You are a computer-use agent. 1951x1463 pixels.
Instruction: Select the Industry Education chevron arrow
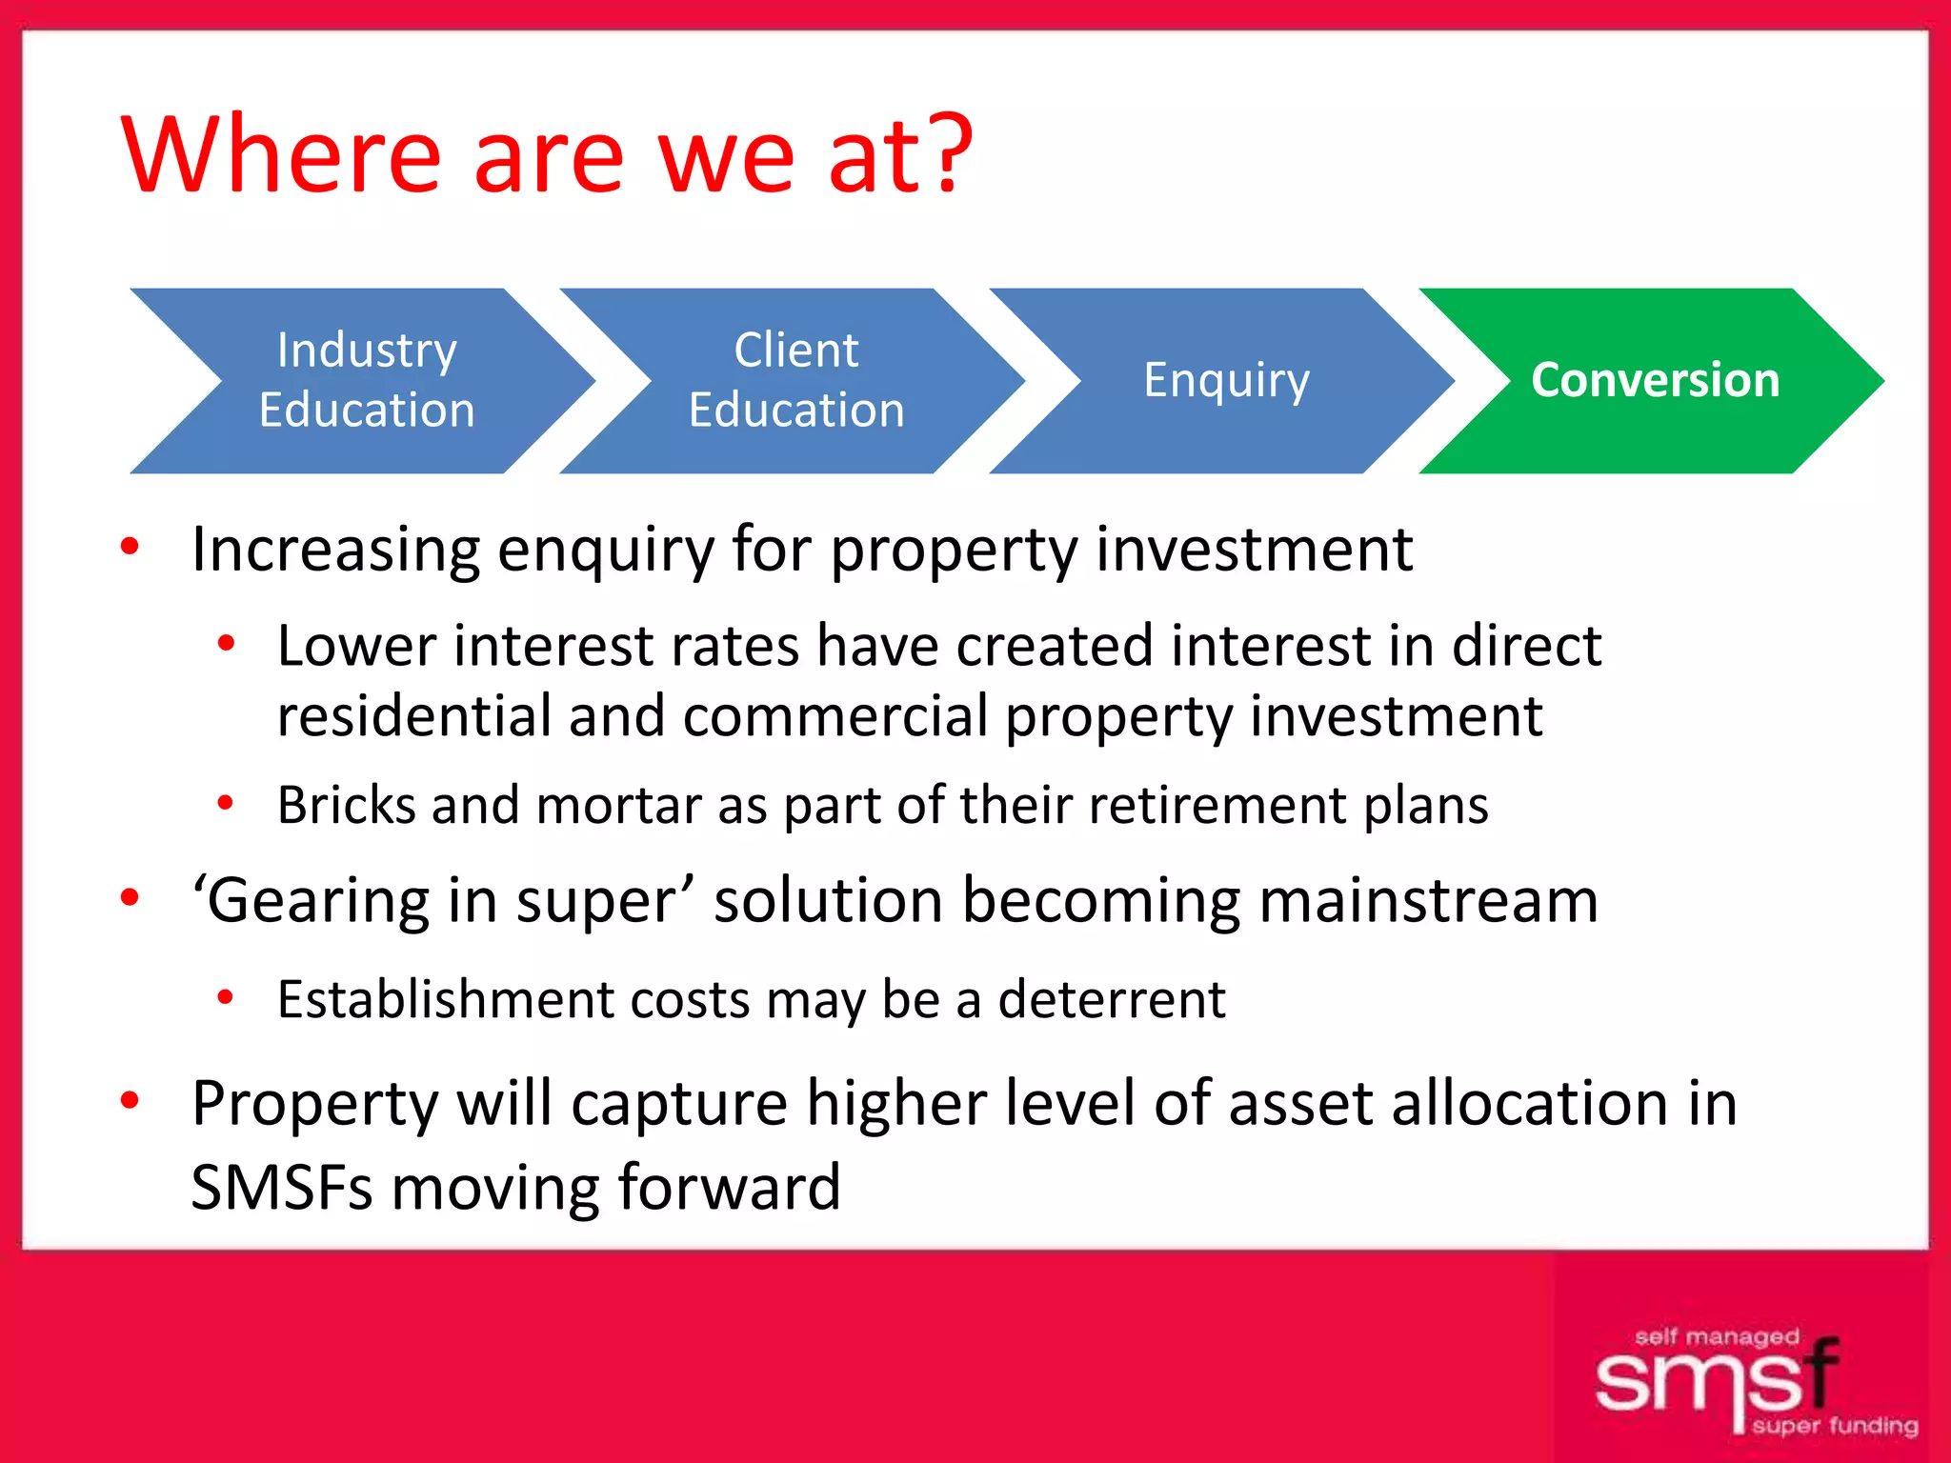tap(367, 380)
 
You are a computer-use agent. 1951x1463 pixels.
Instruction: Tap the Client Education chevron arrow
tap(796, 380)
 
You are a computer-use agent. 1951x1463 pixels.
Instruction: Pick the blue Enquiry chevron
tap(1226, 380)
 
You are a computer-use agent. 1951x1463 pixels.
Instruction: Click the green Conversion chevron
tap(1655, 380)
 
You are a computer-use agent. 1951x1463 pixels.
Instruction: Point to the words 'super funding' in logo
tap(1834, 1426)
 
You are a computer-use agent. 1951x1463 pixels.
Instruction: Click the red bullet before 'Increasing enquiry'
tap(131, 546)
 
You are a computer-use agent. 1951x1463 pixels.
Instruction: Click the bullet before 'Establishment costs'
tap(226, 997)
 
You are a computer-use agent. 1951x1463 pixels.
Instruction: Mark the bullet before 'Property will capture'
tap(131, 1100)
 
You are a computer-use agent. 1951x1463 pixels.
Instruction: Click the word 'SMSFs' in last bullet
tap(282, 1188)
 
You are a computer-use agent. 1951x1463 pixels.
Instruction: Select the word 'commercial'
tap(835, 716)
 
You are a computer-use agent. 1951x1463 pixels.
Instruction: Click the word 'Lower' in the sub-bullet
tap(356, 646)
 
